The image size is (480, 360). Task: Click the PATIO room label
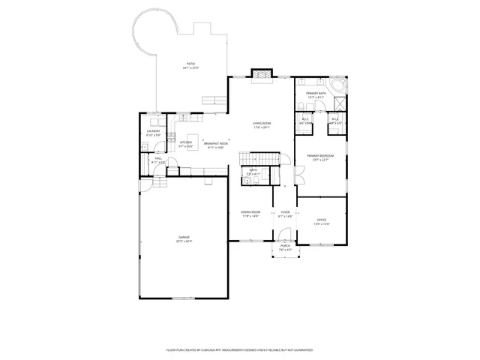[190, 66]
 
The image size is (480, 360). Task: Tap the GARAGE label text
[184, 239]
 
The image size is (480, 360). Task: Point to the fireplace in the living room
[261, 74]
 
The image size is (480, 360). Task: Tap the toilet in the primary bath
[298, 103]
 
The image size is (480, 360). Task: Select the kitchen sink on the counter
[183, 117]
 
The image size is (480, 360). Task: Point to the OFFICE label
[321, 221]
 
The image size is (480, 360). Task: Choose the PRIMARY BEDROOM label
[320, 157]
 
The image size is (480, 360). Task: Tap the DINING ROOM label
[250, 214]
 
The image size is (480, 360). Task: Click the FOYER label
[285, 214]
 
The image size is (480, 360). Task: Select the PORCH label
[285, 247]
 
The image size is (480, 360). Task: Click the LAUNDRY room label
[152, 133]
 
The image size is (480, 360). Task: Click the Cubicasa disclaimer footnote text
[239, 349]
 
